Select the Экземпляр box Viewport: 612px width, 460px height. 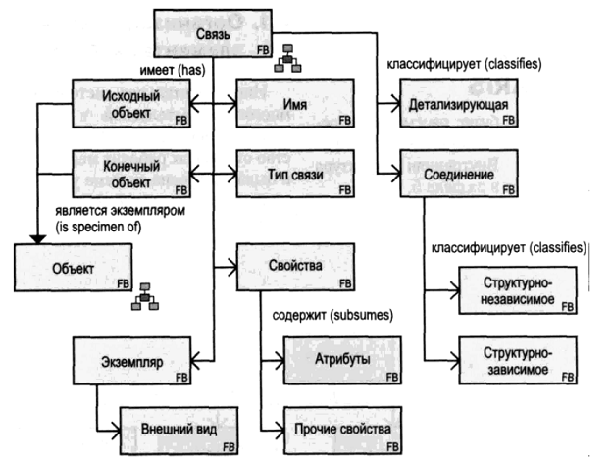point(132,359)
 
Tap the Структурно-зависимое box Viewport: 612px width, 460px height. point(515,359)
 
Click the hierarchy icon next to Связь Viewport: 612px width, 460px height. point(289,61)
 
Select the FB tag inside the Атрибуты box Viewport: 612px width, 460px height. point(392,376)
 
